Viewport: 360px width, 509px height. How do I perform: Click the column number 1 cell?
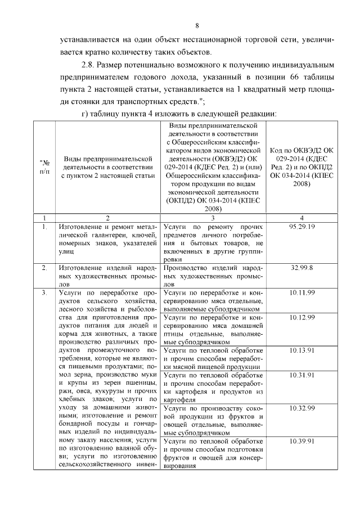[x=44, y=233]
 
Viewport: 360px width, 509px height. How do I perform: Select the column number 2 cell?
[x=107, y=233]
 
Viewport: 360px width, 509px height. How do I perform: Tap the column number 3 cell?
[x=213, y=233]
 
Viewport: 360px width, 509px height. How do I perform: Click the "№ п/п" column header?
[x=44, y=168]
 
